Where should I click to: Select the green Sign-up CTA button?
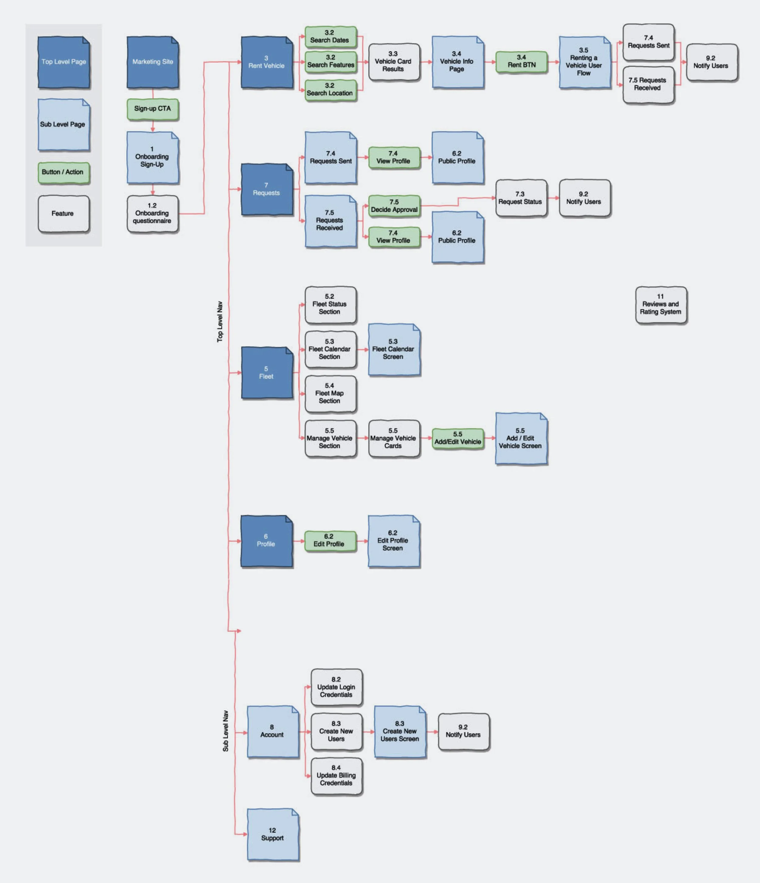153,109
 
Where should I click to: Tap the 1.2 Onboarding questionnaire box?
152,214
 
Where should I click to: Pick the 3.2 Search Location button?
330,90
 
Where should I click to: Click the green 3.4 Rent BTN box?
521,62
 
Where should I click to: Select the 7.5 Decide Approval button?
394,206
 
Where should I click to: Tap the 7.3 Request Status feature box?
520,198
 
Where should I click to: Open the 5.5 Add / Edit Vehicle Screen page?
520,438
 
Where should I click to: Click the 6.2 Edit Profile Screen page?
393,541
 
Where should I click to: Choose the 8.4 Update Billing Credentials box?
336,776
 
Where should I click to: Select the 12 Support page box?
272,834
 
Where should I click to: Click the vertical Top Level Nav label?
220,322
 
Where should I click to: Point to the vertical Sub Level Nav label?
226,731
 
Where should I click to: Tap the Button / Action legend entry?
63,173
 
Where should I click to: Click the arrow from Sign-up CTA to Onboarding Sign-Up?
153,126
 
